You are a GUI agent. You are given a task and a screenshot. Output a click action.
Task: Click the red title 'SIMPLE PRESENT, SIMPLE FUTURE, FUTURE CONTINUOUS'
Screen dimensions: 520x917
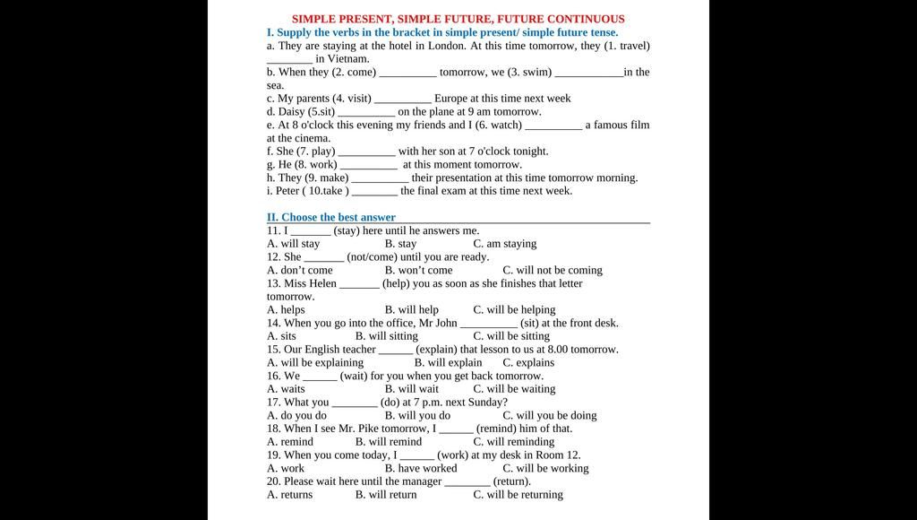pos(458,19)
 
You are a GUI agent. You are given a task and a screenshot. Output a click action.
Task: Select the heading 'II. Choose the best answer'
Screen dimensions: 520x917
pos(330,217)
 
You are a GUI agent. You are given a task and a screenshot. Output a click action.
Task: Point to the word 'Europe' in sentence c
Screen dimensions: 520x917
pos(452,99)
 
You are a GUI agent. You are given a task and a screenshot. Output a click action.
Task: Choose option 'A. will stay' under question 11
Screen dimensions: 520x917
pos(293,244)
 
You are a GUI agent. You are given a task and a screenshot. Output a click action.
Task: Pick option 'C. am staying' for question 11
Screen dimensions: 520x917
pos(505,244)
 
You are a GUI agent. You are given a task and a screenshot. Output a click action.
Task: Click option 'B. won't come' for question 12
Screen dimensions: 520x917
pos(418,270)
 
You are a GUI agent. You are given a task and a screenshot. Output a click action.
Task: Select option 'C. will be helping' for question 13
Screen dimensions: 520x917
pos(514,310)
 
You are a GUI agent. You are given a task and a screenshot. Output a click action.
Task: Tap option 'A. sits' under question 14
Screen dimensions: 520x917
pos(281,336)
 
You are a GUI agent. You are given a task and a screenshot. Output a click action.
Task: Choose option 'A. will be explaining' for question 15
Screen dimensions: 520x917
pos(315,363)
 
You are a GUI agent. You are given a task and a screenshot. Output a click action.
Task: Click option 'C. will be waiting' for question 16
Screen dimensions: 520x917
pos(514,389)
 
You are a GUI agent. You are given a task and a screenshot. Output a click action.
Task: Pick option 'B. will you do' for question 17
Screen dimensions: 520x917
pos(417,415)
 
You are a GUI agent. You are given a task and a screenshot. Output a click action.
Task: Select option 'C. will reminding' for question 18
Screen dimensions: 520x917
pos(514,442)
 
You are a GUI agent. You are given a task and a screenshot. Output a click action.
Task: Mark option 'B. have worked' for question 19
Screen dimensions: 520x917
pos(421,468)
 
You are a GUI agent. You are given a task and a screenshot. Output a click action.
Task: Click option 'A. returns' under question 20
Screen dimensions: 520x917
pos(289,495)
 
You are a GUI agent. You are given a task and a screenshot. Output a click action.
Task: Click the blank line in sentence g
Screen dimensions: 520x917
pos(368,165)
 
